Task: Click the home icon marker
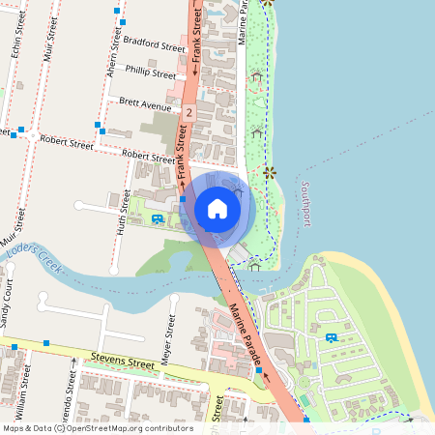pos(217,208)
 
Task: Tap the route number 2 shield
pos(188,113)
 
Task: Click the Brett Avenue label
pos(144,101)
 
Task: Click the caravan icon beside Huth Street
pos(158,220)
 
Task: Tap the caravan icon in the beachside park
pos(332,337)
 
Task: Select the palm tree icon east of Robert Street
pos(268,173)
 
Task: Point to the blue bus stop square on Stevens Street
pos(45,343)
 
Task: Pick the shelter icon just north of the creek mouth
pos(253,260)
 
